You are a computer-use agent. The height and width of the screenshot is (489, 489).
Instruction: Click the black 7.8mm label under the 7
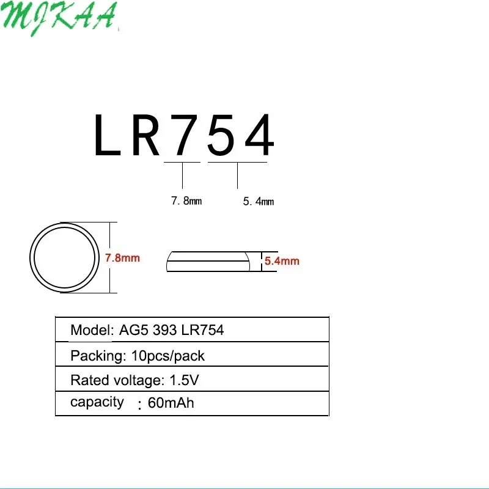[x=186, y=200]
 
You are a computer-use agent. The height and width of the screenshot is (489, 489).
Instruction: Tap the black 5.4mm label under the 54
[x=258, y=201]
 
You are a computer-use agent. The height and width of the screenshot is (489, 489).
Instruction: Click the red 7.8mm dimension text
[x=122, y=258]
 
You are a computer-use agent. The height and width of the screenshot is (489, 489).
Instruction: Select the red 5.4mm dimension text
[x=282, y=261]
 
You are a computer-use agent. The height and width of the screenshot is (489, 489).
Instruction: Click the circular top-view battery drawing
[x=64, y=257]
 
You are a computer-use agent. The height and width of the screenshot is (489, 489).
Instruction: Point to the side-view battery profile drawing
[x=208, y=261]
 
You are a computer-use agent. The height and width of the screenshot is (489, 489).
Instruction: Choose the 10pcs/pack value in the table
[x=172, y=356]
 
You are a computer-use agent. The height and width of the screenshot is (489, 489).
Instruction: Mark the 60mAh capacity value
[x=171, y=403]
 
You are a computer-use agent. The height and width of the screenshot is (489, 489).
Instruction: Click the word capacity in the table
[x=97, y=402]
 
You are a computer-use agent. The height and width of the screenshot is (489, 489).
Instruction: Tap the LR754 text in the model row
[x=202, y=331]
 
